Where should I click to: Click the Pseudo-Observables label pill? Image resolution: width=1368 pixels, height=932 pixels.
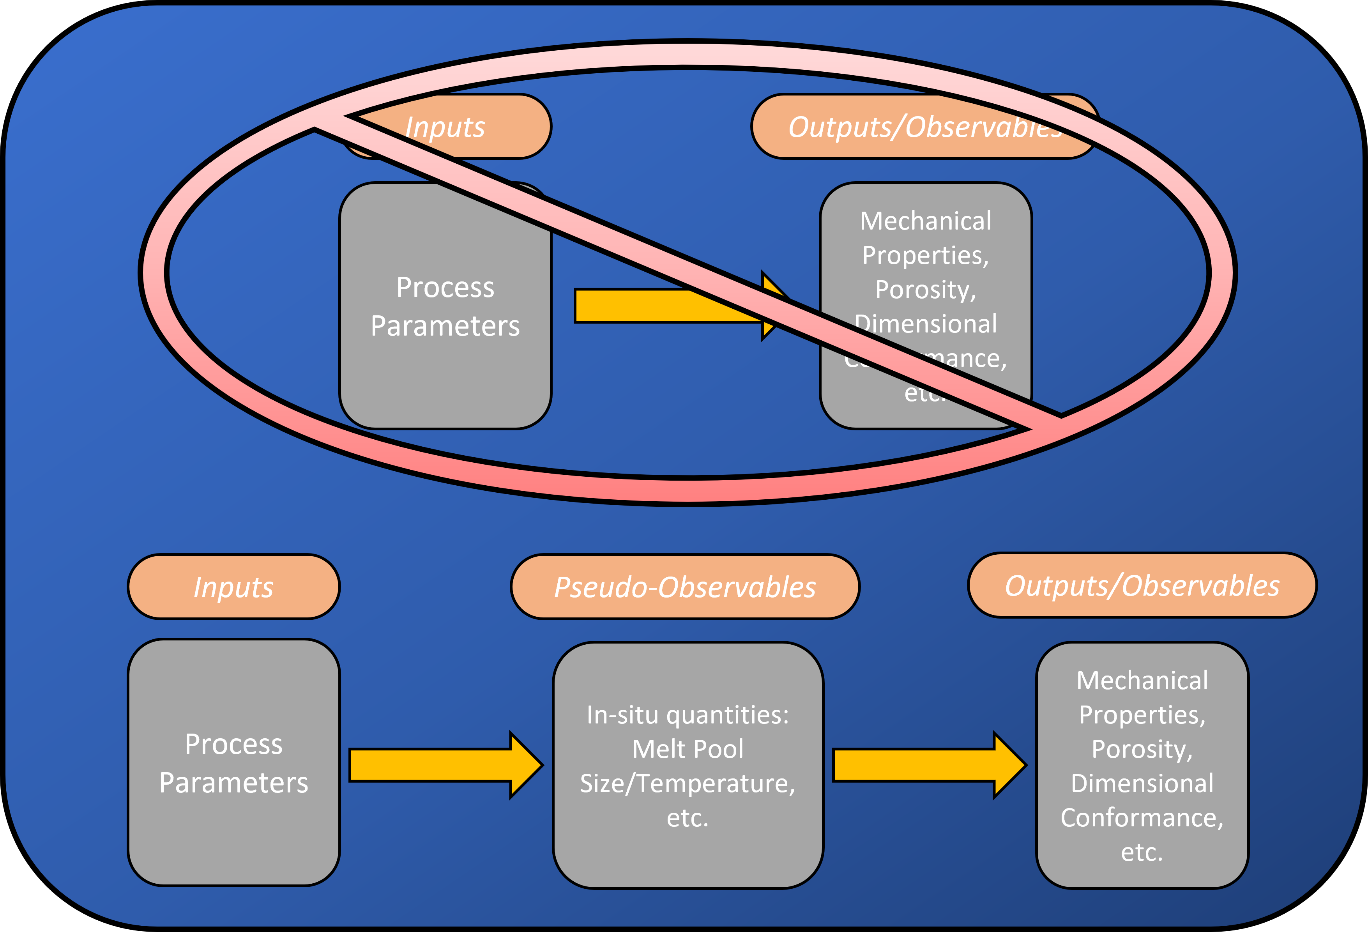pos(685,587)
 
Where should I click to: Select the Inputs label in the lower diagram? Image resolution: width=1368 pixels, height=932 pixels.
pos(234,587)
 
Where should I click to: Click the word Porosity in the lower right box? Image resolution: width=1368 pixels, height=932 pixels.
pos(1142,749)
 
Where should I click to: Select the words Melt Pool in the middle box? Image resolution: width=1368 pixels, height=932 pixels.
pos(688,749)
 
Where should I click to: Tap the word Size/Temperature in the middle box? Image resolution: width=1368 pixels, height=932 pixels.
pos(688,783)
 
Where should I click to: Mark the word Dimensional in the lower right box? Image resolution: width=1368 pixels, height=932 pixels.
pos(1142,783)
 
